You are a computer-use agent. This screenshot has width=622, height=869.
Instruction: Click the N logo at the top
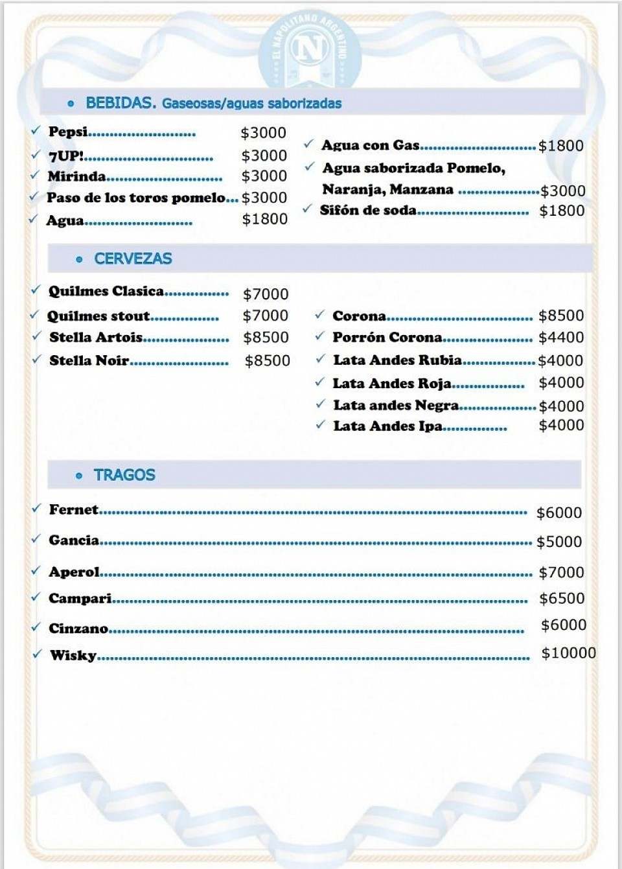coord(310,49)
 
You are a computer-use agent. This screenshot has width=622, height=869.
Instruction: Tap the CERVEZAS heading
coord(133,259)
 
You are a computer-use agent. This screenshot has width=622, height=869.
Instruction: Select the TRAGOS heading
coord(124,475)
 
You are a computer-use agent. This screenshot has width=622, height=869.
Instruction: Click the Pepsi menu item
coord(68,132)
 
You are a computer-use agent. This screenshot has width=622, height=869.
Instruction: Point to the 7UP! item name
coord(65,156)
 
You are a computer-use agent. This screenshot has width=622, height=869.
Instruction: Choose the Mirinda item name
coord(76,176)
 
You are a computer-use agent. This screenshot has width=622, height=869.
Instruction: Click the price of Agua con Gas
coord(560,146)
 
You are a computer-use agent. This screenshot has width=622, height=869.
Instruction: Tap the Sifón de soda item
coord(368,210)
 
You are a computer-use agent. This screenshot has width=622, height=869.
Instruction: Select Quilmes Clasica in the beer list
coord(106,291)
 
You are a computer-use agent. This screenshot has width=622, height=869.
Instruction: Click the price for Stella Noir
coord(267,360)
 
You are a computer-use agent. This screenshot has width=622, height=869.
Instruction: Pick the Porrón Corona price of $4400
coord(561,337)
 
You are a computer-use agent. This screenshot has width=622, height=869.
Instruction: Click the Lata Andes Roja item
coord(392,383)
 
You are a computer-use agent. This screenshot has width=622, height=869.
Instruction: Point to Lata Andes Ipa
coord(387,426)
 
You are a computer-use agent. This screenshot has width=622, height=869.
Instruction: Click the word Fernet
coord(73,509)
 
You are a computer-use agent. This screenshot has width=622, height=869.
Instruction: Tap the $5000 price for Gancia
coord(559,542)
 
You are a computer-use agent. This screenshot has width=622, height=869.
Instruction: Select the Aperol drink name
coord(74,572)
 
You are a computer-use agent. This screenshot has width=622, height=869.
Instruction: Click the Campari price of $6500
coord(562,598)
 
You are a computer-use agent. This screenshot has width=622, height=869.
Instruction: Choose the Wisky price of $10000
coord(568,653)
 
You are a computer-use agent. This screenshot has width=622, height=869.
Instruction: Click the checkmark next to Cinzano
coord(36,627)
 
